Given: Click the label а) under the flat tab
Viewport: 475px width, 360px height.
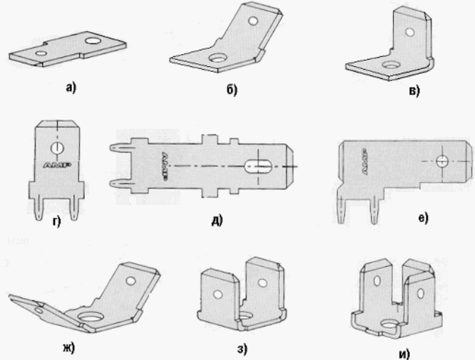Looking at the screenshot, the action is click(x=71, y=88).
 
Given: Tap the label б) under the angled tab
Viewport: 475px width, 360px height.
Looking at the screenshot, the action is click(x=231, y=90).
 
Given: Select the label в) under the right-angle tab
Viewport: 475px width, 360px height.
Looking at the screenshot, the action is click(x=414, y=91).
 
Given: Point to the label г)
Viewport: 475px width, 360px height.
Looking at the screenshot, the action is click(x=57, y=222).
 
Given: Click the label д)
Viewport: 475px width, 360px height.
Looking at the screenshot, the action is click(x=217, y=220).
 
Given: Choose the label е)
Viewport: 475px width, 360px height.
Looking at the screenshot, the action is click(x=423, y=218).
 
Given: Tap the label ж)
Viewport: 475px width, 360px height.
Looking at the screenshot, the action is click(x=69, y=348).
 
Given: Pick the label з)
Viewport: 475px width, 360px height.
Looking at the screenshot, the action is click(x=242, y=349).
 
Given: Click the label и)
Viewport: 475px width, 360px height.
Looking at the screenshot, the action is click(x=404, y=354).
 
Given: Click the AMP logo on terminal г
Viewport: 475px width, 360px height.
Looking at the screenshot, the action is click(x=57, y=165).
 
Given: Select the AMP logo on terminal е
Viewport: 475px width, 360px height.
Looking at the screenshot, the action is click(x=365, y=161).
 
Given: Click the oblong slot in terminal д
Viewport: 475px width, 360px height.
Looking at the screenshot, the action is click(x=259, y=166).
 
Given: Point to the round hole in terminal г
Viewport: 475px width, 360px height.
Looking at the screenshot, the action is click(x=57, y=148).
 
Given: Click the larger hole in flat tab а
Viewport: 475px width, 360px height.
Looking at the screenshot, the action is click(x=93, y=41).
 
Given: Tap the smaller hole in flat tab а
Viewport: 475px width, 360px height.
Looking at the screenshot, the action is click(x=41, y=53).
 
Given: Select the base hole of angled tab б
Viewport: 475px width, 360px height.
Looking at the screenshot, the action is click(x=216, y=58).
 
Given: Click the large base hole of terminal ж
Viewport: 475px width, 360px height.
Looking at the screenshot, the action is click(x=91, y=317).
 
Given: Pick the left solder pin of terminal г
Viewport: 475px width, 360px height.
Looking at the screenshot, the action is click(x=40, y=209).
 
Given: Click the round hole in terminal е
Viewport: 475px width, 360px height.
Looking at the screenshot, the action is click(x=442, y=162).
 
